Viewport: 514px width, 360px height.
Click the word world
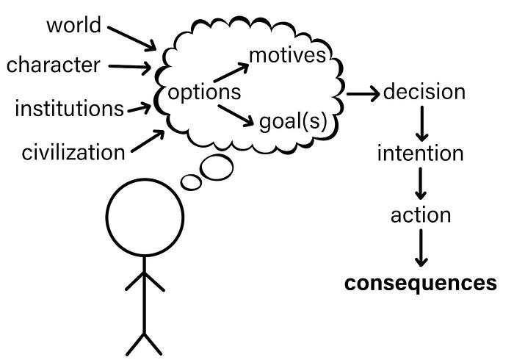[x=73, y=25]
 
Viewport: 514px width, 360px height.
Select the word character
[x=53, y=65]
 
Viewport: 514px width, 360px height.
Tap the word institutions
[x=69, y=109]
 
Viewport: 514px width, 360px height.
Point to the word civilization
[x=73, y=152]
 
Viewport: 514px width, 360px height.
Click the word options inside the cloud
[x=205, y=93]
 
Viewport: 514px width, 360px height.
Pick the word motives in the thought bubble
[x=287, y=55]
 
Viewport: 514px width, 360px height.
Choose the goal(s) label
[x=293, y=120]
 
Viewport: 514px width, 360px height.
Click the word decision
[x=424, y=92]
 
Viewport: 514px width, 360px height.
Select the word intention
[x=420, y=154]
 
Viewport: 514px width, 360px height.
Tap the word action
[x=420, y=215]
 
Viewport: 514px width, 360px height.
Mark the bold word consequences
[x=421, y=283]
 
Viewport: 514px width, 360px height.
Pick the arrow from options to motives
[x=231, y=72]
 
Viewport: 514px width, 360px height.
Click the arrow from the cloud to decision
[x=362, y=93]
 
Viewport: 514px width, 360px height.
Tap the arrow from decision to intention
[x=421, y=123]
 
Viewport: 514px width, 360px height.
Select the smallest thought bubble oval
[x=190, y=181]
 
